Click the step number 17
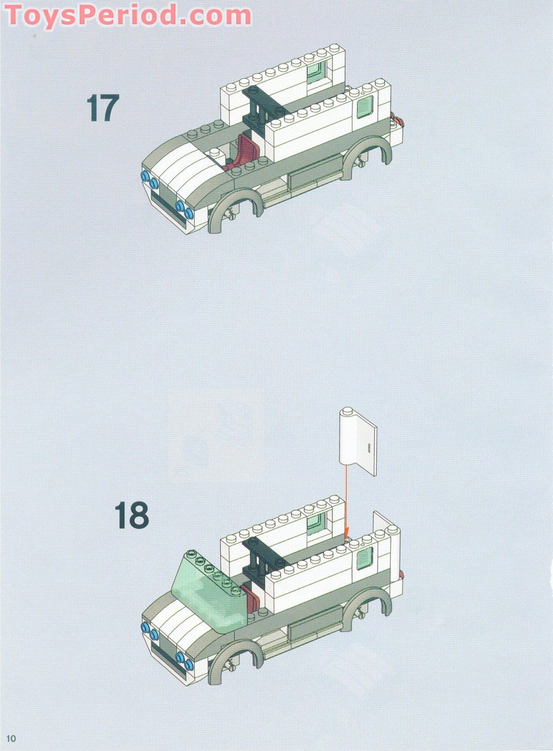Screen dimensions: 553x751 click(103, 108)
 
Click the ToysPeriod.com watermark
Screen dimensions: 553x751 click(128, 15)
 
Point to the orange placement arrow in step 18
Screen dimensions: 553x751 click(346, 502)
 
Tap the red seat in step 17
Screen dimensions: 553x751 click(242, 153)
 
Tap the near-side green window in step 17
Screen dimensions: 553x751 click(365, 106)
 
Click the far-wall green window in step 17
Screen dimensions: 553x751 click(317, 71)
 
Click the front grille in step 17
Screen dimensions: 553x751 click(167, 205)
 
